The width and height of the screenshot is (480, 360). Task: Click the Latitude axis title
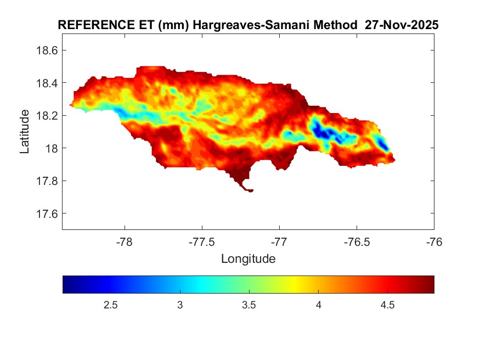[25, 131]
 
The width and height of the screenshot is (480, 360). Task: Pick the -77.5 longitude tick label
[202, 241]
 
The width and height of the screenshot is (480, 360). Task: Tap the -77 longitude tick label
[279, 241]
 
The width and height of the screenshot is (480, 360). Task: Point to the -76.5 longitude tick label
[357, 241]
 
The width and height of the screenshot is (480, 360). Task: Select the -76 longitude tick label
[434, 241]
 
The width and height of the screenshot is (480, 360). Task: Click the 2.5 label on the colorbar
[111, 305]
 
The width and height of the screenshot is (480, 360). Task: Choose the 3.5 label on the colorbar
[249, 305]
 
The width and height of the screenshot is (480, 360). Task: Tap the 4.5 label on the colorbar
[387, 305]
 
